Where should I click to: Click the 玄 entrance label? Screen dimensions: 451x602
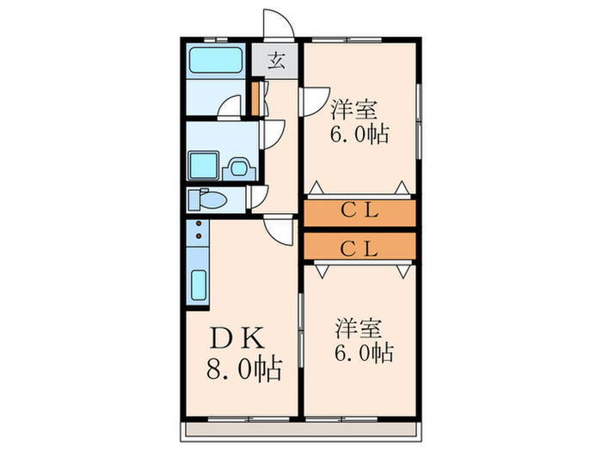coord(277,60)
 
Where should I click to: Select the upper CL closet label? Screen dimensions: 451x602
coord(358,210)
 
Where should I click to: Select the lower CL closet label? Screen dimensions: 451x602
coord(358,248)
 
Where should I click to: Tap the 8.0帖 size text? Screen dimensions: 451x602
coord(243,371)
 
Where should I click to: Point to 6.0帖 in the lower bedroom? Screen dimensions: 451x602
coord(364,353)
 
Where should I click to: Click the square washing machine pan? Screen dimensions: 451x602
coord(205,163)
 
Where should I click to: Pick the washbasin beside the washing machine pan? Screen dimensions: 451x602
coord(236,167)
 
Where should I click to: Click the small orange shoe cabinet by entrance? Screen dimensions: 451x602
coord(255,95)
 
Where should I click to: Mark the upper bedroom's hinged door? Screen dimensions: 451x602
coord(310,102)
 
